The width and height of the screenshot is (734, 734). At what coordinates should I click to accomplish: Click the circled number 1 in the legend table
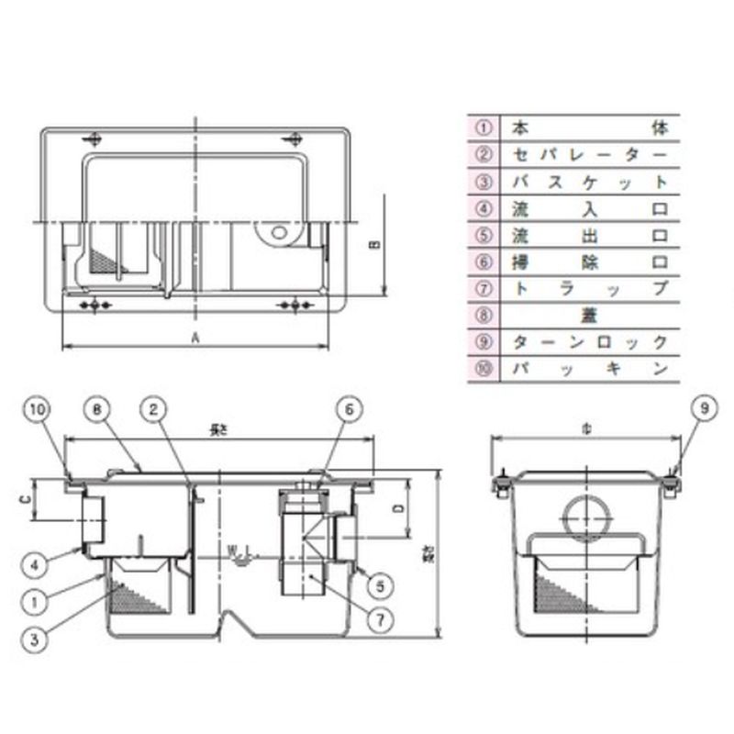click(x=484, y=127)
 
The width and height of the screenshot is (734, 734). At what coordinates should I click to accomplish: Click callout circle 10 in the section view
click(x=35, y=409)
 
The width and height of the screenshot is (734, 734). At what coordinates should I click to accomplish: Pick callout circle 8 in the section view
click(x=98, y=409)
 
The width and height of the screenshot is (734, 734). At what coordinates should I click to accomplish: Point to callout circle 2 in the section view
click(x=154, y=409)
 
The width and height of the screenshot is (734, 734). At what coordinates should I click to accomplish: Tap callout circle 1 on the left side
click(x=36, y=603)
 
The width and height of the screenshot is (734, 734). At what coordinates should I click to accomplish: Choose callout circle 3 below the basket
click(x=36, y=639)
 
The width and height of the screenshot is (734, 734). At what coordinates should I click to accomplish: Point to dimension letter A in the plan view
click(x=195, y=338)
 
